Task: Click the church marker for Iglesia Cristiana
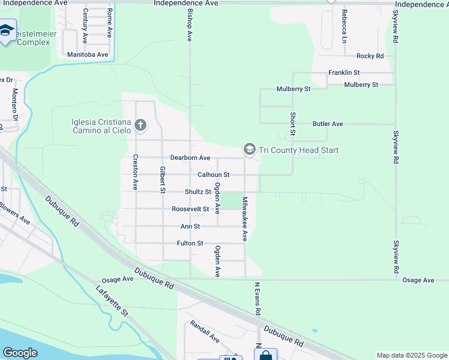coord(140,125)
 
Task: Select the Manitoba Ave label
coord(87,55)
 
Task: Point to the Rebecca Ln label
coord(344,26)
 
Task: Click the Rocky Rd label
coord(370,56)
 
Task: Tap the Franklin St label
coord(343,73)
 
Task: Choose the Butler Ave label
coord(328,124)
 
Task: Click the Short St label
coord(293,124)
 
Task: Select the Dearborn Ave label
coord(190,158)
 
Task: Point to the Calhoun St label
coord(214,175)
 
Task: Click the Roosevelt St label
coord(190,209)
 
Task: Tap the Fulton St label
coord(190,244)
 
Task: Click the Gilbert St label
coord(163,179)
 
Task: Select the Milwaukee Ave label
coord(245,218)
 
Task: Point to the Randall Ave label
coord(205,331)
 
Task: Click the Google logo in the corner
coord(20,353)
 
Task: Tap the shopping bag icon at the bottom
coord(265,355)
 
